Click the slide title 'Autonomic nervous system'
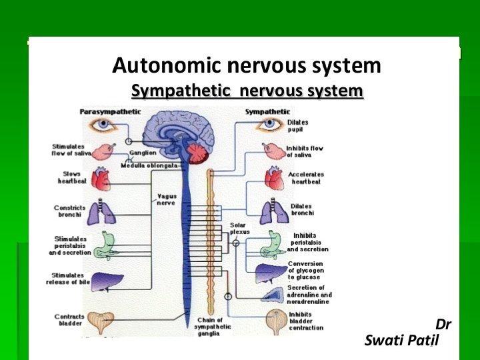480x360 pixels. pyautogui.click(x=247, y=66)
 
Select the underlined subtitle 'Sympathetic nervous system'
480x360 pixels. pyautogui.click(x=247, y=91)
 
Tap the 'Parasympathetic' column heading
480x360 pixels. pyautogui.click(x=110, y=111)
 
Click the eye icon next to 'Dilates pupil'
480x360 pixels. pyautogui.click(x=271, y=125)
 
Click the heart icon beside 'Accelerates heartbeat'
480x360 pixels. pyautogui.click(x=274, y=178)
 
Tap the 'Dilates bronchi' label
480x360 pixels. pyautogui.click(x=301, y=209)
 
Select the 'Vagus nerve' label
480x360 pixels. pyautogui.click(x=166, y=199)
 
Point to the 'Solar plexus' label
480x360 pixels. pyautogui.click(x=238, y=229)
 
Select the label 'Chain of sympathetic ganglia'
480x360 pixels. pyautogui.click(x=213, y=327)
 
